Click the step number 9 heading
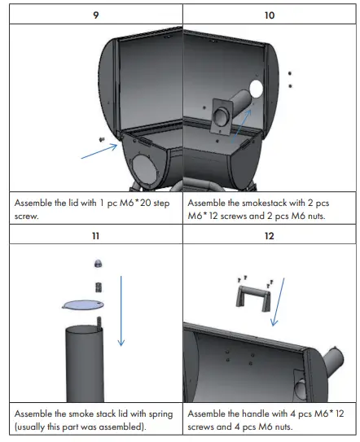point(94,14)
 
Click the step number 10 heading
point(270,14)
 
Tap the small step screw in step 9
point(100,140)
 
